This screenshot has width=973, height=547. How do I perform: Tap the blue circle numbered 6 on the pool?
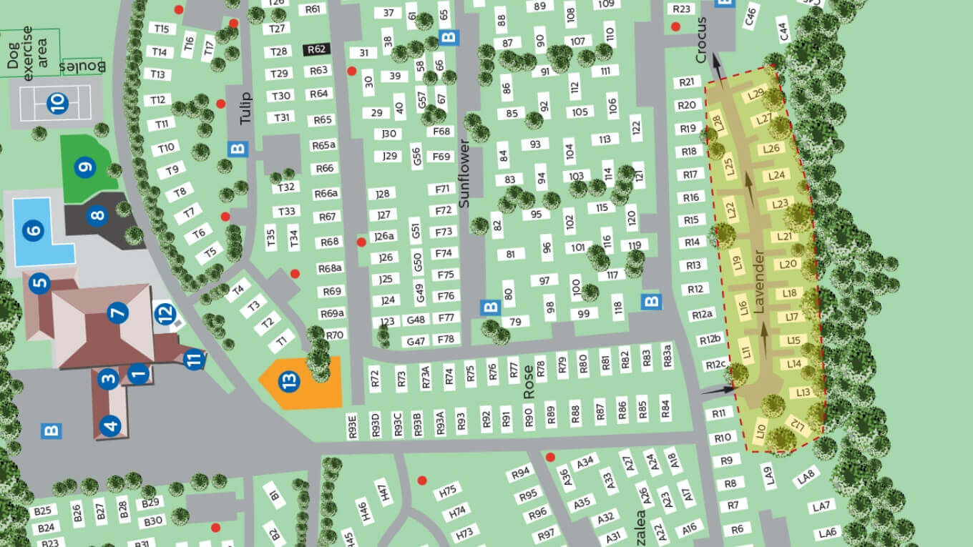click(34, 231)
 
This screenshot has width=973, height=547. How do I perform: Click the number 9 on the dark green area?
click(86, 168)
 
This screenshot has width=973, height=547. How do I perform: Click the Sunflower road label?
click(464, 174)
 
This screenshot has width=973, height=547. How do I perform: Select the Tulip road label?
click(246, 108)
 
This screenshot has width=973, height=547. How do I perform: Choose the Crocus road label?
click(701, 40)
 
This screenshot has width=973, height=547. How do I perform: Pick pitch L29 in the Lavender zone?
click(756, 94)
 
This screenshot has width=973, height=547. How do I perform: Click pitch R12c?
click(715, 365)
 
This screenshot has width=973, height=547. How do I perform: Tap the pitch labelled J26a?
click(384, 237)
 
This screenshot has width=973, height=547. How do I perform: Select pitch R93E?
click(352, 424)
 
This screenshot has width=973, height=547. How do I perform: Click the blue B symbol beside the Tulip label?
click(238, 149)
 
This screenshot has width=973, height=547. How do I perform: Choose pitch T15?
click(161, 29)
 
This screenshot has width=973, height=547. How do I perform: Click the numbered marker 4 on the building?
click(110, 427)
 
